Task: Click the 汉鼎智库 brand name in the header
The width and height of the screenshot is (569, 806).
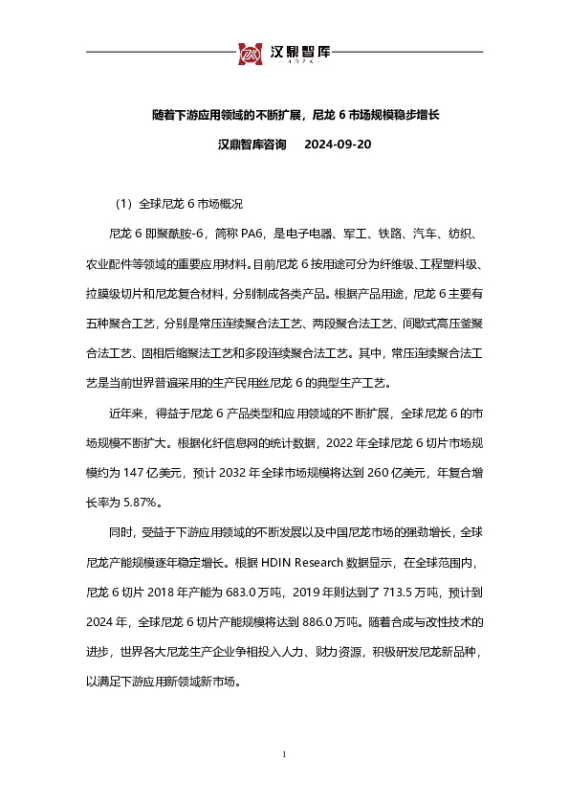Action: click(295, 52)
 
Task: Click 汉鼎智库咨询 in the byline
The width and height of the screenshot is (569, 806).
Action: click(252, 146)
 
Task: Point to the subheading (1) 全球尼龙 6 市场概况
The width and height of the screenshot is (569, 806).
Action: click(178, 204)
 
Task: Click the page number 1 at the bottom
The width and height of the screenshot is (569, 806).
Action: click(285, 755)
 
